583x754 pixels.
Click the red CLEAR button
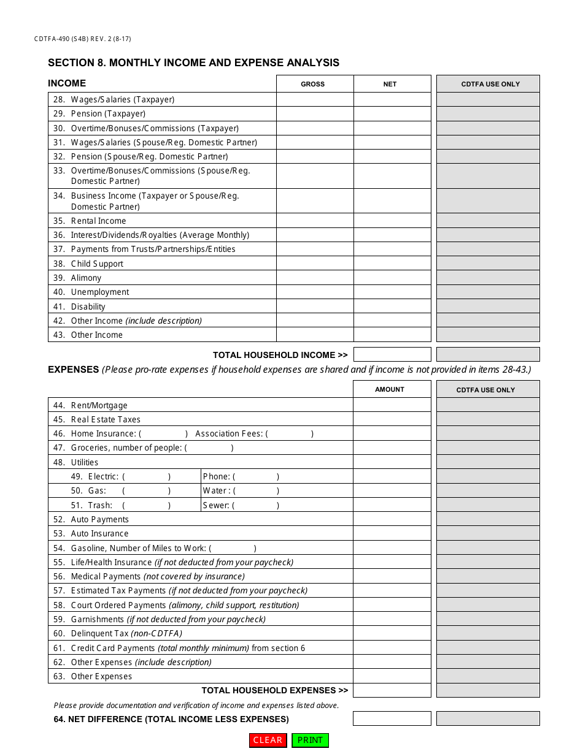point(268,740)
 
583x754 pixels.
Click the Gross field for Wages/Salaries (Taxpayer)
point(315,99)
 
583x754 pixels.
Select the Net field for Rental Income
point(392,221)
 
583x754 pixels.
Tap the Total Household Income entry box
point(392,354)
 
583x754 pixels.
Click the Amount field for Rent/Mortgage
point(392,405)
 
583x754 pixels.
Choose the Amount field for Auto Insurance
point(392,533)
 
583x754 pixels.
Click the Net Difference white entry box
point(392,718)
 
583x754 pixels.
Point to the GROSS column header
point(313,84)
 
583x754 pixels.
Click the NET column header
point(390,84)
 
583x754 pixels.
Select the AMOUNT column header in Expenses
point(390,389)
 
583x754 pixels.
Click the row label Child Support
point(97,264)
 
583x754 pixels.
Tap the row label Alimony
point(86,278)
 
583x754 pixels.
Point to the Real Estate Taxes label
point(106,419)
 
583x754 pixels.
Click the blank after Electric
point(147,476)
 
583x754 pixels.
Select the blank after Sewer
point(256,505)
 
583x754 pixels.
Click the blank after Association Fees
point(290,433)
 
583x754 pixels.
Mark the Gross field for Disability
point(315,307)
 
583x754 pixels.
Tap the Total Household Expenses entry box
point(392,690)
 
